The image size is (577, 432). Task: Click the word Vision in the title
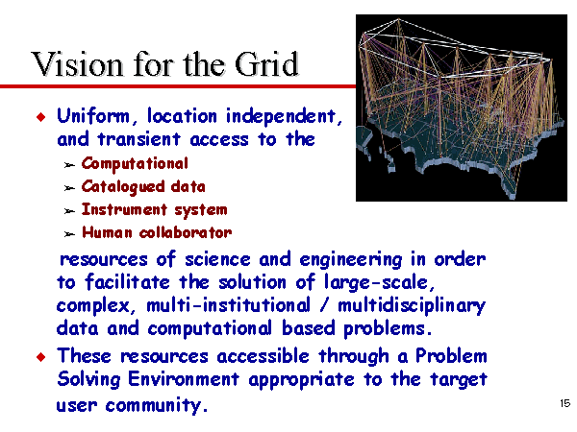(x=77, y=64)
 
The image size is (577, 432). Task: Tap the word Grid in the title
(x=266, y=64)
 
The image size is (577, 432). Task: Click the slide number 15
(x=564, y=403)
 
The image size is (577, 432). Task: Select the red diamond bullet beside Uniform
(x=41, y=117)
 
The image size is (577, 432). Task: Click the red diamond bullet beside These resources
(x=41, y=357)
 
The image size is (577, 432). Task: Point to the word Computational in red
(x=135, y=164)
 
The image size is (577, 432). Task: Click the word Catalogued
(x=123, y=186)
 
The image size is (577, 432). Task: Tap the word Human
(x=107, y=232)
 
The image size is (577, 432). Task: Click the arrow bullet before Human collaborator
(x=69, y=234)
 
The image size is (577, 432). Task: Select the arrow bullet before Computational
(x=69, y=165)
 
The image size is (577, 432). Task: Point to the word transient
(x=139, y=139)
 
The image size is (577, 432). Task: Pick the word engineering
(x=351, y=260)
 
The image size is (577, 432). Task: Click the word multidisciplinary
(x=412, y=306)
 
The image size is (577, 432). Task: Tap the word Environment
(x=184, y=379)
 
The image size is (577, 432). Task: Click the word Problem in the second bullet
(x=451, y=355)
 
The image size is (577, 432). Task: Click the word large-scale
(x=380, y=283)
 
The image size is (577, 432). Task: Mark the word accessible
(x=263, y=356)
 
